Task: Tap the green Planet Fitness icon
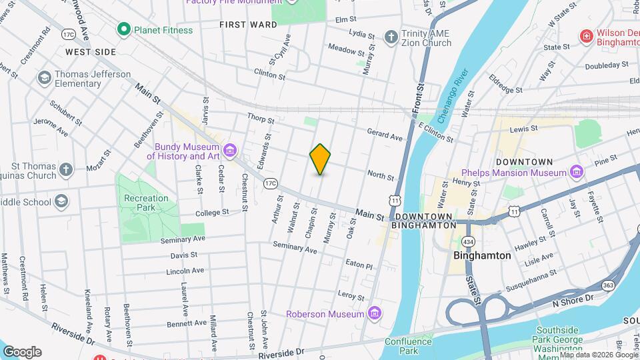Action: coord(123,29)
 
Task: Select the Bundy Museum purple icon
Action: coord(230,151)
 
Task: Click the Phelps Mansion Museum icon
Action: coord(577,173)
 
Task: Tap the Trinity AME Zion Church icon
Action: coord(391,37)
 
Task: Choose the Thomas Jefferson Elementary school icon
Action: coord(45,79)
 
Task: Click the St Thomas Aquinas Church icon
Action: coord(65,170)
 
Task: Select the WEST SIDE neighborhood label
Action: coord(91,51)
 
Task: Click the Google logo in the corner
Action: coord(22,351)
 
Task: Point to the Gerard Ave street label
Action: coord(385,135)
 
